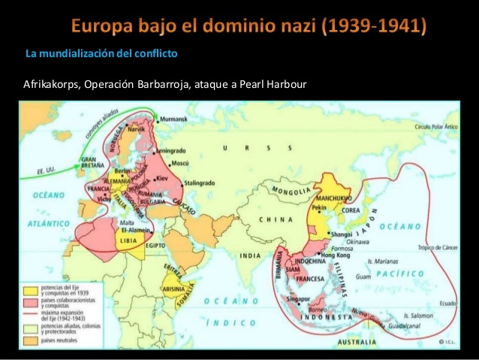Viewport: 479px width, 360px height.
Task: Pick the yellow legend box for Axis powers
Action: (x=31, y=289)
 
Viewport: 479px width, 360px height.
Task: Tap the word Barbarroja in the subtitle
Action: (x=163, y=83)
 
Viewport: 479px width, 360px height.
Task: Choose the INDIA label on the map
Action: (x=250, y=256)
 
